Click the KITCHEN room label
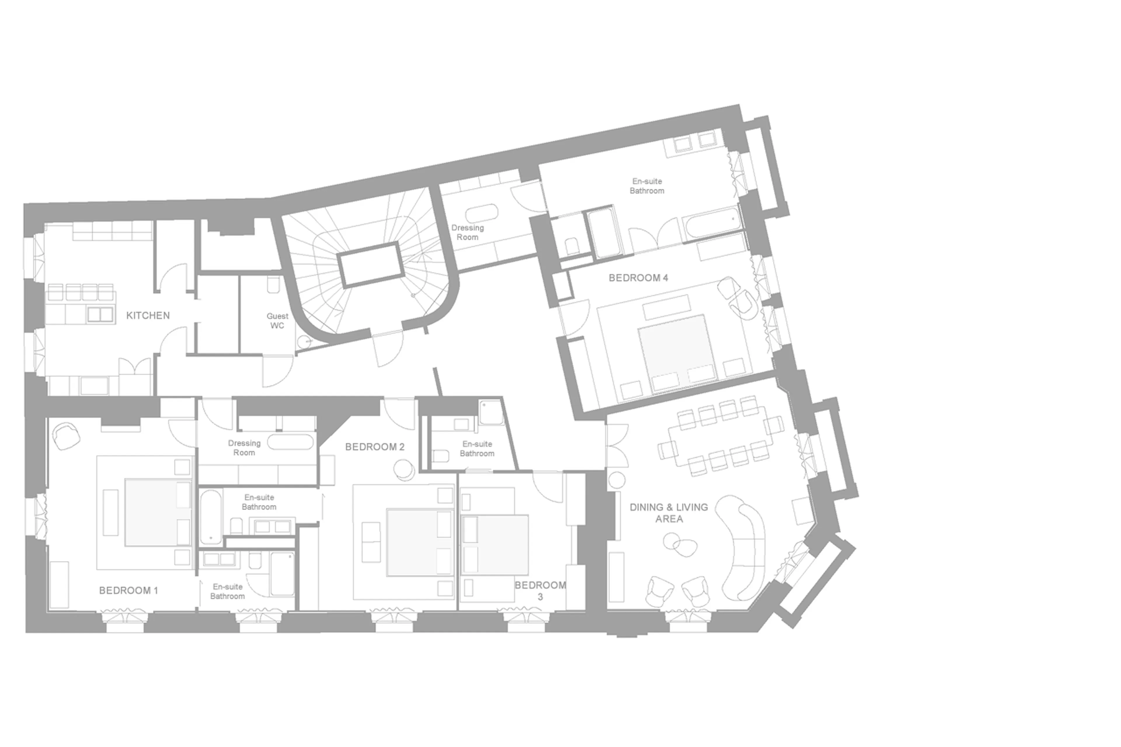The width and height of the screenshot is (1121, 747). (x=148, y=315)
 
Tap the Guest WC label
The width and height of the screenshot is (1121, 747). (x=277, y=321)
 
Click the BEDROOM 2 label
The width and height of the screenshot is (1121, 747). (x=375, y=447)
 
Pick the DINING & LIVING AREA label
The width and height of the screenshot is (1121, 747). (x=669, y=513)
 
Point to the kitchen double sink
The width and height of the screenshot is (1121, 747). (x=100, y=314)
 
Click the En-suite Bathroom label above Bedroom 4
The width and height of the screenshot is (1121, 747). (x=647, y=186)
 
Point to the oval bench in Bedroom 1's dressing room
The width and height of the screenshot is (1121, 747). (x=290, y=442)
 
